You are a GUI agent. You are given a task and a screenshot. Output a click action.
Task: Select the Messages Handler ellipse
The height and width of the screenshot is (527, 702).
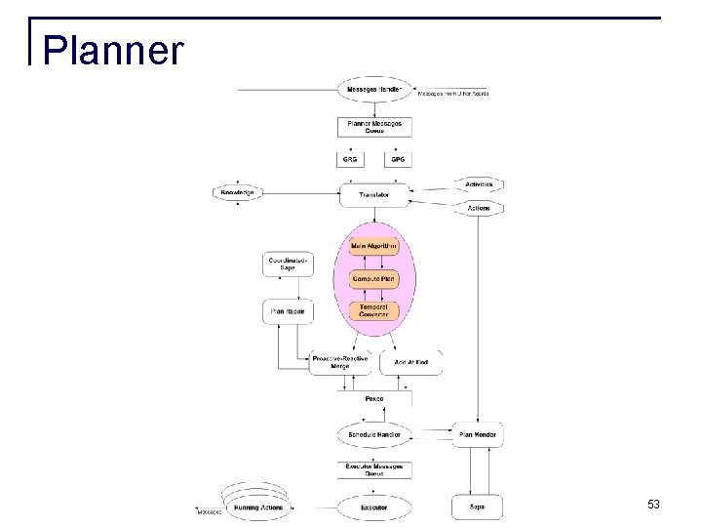tap(373, 91)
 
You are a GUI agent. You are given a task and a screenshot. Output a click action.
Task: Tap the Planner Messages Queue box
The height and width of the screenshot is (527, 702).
tap(373, 128)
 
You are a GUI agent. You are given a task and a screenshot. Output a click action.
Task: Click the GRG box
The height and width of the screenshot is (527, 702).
tap(350, 158)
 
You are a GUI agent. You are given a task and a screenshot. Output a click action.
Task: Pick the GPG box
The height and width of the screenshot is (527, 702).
tap(397, 158)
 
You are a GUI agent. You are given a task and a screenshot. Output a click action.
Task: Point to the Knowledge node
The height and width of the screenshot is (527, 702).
tap(237, 193)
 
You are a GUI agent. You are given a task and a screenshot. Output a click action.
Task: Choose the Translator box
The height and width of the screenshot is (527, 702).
tap(373, 195)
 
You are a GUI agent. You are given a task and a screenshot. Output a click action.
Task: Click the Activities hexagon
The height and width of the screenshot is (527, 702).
tap(478, 183)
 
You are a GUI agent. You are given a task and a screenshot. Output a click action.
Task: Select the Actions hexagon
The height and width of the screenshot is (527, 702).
tap(478, 208)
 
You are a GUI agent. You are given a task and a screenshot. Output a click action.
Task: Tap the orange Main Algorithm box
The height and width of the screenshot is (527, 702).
tap(373, 247)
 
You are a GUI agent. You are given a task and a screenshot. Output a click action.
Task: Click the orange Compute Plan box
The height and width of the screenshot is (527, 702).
tap(373, 279)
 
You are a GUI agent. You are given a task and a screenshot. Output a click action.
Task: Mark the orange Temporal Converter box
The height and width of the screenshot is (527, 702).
tap(373, 311)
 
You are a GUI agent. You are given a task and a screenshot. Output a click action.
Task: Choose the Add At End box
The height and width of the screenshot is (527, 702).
tap(410, 362)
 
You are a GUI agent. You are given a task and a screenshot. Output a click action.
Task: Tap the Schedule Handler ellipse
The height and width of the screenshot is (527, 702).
tap(373, 433)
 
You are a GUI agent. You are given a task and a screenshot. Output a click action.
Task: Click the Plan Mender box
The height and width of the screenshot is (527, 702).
tap(478, 434)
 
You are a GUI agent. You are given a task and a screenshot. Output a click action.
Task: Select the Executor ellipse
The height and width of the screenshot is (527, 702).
tap(373, 507)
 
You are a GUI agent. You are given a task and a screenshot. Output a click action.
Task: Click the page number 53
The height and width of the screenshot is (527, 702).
tap(652, 505)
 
